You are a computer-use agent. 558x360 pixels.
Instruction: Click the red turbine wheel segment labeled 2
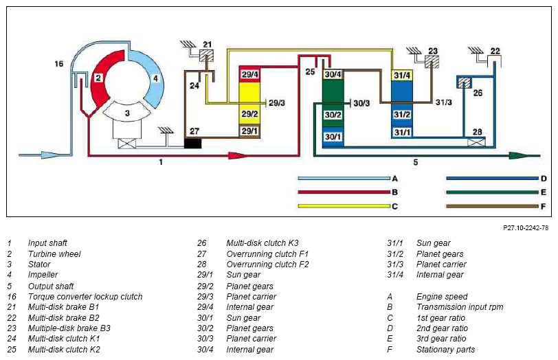98,78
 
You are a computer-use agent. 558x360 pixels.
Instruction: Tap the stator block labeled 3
126,113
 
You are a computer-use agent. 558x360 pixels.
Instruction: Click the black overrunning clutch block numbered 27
193,143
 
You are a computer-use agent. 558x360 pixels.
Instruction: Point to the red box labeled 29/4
249,74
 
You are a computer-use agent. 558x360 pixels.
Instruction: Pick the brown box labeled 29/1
249,131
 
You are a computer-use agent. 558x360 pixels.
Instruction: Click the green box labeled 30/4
333,74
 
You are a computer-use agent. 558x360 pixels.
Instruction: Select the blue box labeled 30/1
333,137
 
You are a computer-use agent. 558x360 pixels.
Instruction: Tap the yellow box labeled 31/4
401,74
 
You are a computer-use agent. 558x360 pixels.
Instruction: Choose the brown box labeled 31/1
401,132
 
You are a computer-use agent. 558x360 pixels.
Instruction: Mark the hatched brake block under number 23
432,62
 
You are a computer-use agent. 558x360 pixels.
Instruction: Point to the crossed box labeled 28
476,142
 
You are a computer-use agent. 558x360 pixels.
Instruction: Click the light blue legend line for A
344,179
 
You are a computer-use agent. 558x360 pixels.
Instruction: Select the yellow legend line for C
344,205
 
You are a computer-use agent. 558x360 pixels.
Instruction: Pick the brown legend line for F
491,205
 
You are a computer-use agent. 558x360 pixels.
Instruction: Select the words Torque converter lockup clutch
85,297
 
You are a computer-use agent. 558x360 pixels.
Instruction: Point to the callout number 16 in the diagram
59,64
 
